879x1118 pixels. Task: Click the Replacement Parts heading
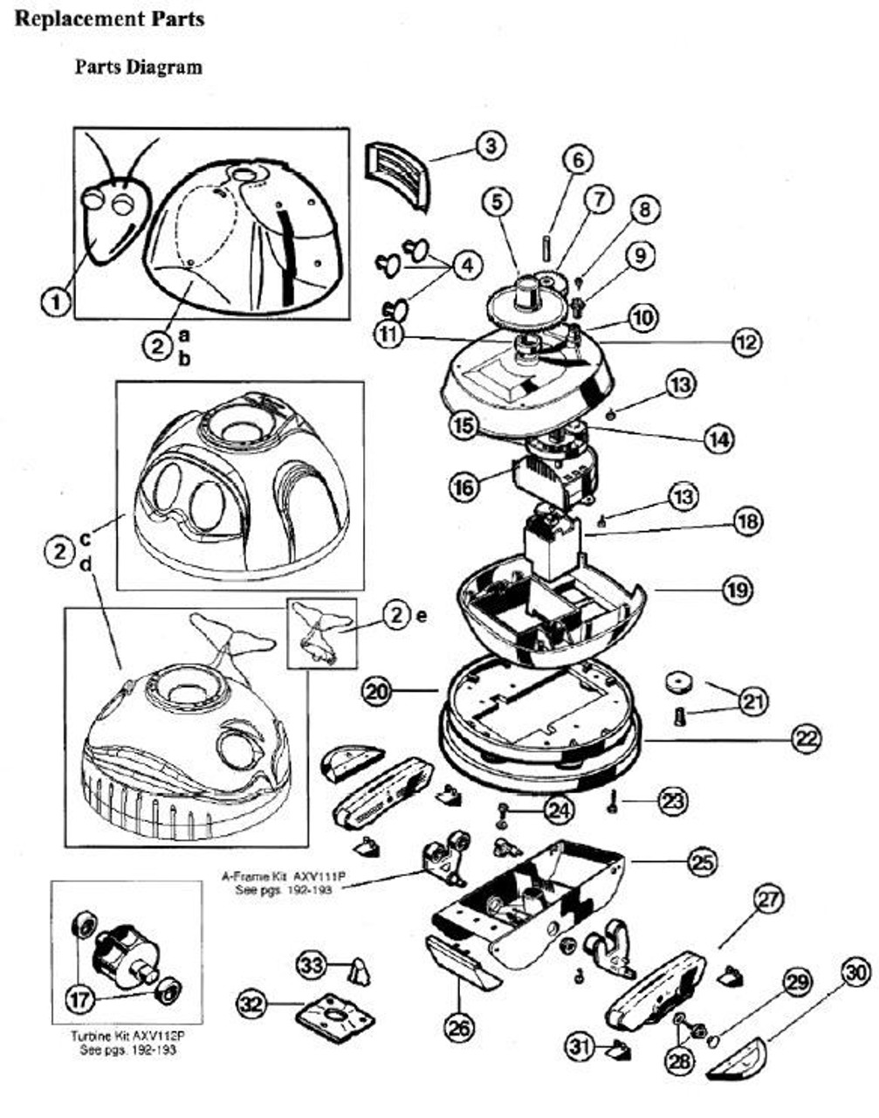click(110, 19)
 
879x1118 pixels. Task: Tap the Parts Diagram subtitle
click(138, 66)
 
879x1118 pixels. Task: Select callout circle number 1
click(57, 302)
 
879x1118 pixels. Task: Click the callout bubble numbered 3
click(491, 145)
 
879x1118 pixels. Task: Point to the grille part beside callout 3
click(400, 173)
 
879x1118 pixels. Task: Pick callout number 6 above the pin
click(577, 160)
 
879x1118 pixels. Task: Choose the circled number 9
click(640, 255)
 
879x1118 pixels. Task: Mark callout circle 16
click(464, 486)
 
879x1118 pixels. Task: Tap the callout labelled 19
click(736, 590)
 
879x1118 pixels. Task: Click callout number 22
click(806, 739)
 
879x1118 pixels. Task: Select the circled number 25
click(702, 862)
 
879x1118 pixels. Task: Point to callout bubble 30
click(856, 970)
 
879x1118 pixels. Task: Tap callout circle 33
click(312, 964)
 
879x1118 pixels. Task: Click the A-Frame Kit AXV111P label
click(282, 881)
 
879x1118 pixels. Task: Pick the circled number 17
click(83, 996)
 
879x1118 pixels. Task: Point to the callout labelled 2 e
click(397, 616)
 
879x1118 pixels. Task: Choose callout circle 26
click(459, 1027)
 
